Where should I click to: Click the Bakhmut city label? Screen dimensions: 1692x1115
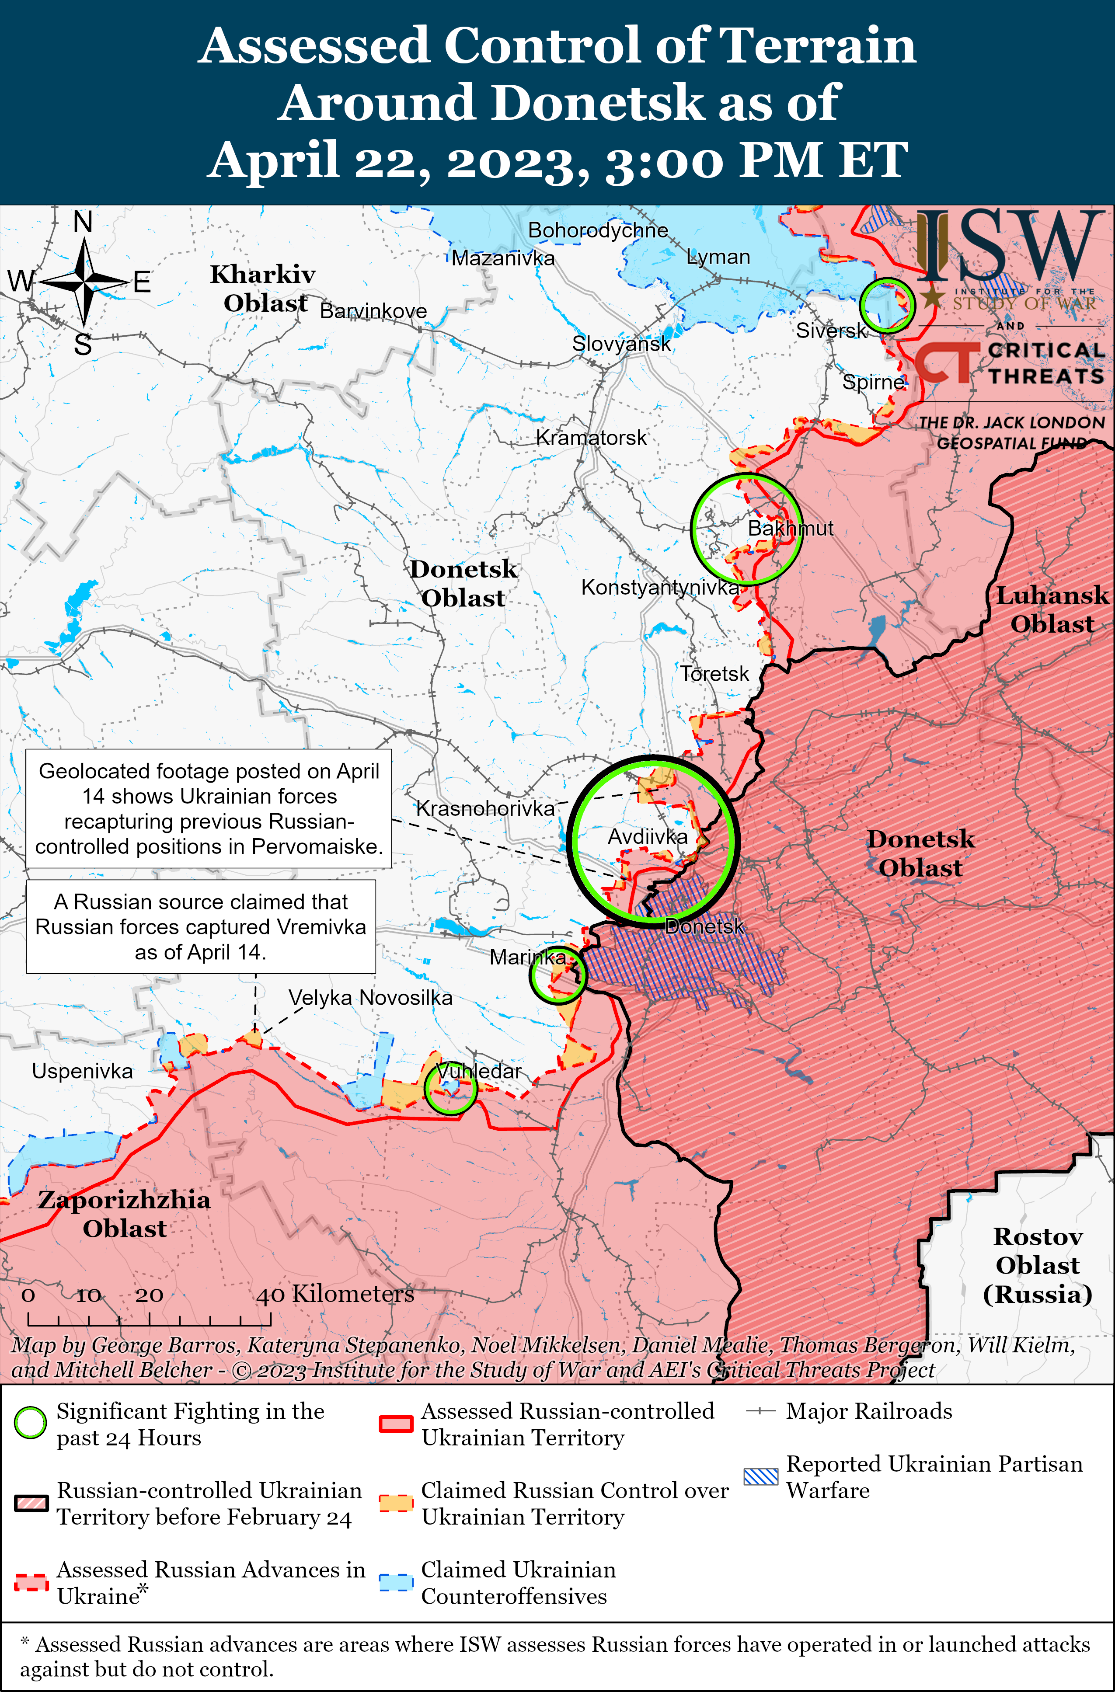790,528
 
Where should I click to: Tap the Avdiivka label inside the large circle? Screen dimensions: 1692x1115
647,837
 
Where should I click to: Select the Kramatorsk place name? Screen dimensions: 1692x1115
591,438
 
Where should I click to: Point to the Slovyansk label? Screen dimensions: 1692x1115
621,344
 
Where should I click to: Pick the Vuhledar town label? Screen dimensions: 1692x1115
478,1071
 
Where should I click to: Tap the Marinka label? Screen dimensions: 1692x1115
527,957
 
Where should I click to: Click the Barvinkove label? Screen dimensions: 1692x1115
373,311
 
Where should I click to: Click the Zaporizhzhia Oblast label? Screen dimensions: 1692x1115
125,1214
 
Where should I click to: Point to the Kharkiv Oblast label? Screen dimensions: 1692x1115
263,289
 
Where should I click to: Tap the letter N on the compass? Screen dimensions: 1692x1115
83,223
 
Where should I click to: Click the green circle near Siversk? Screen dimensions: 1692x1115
886,306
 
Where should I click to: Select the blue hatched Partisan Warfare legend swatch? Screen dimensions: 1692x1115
761,1476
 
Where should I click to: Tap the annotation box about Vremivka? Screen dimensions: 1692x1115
201,926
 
